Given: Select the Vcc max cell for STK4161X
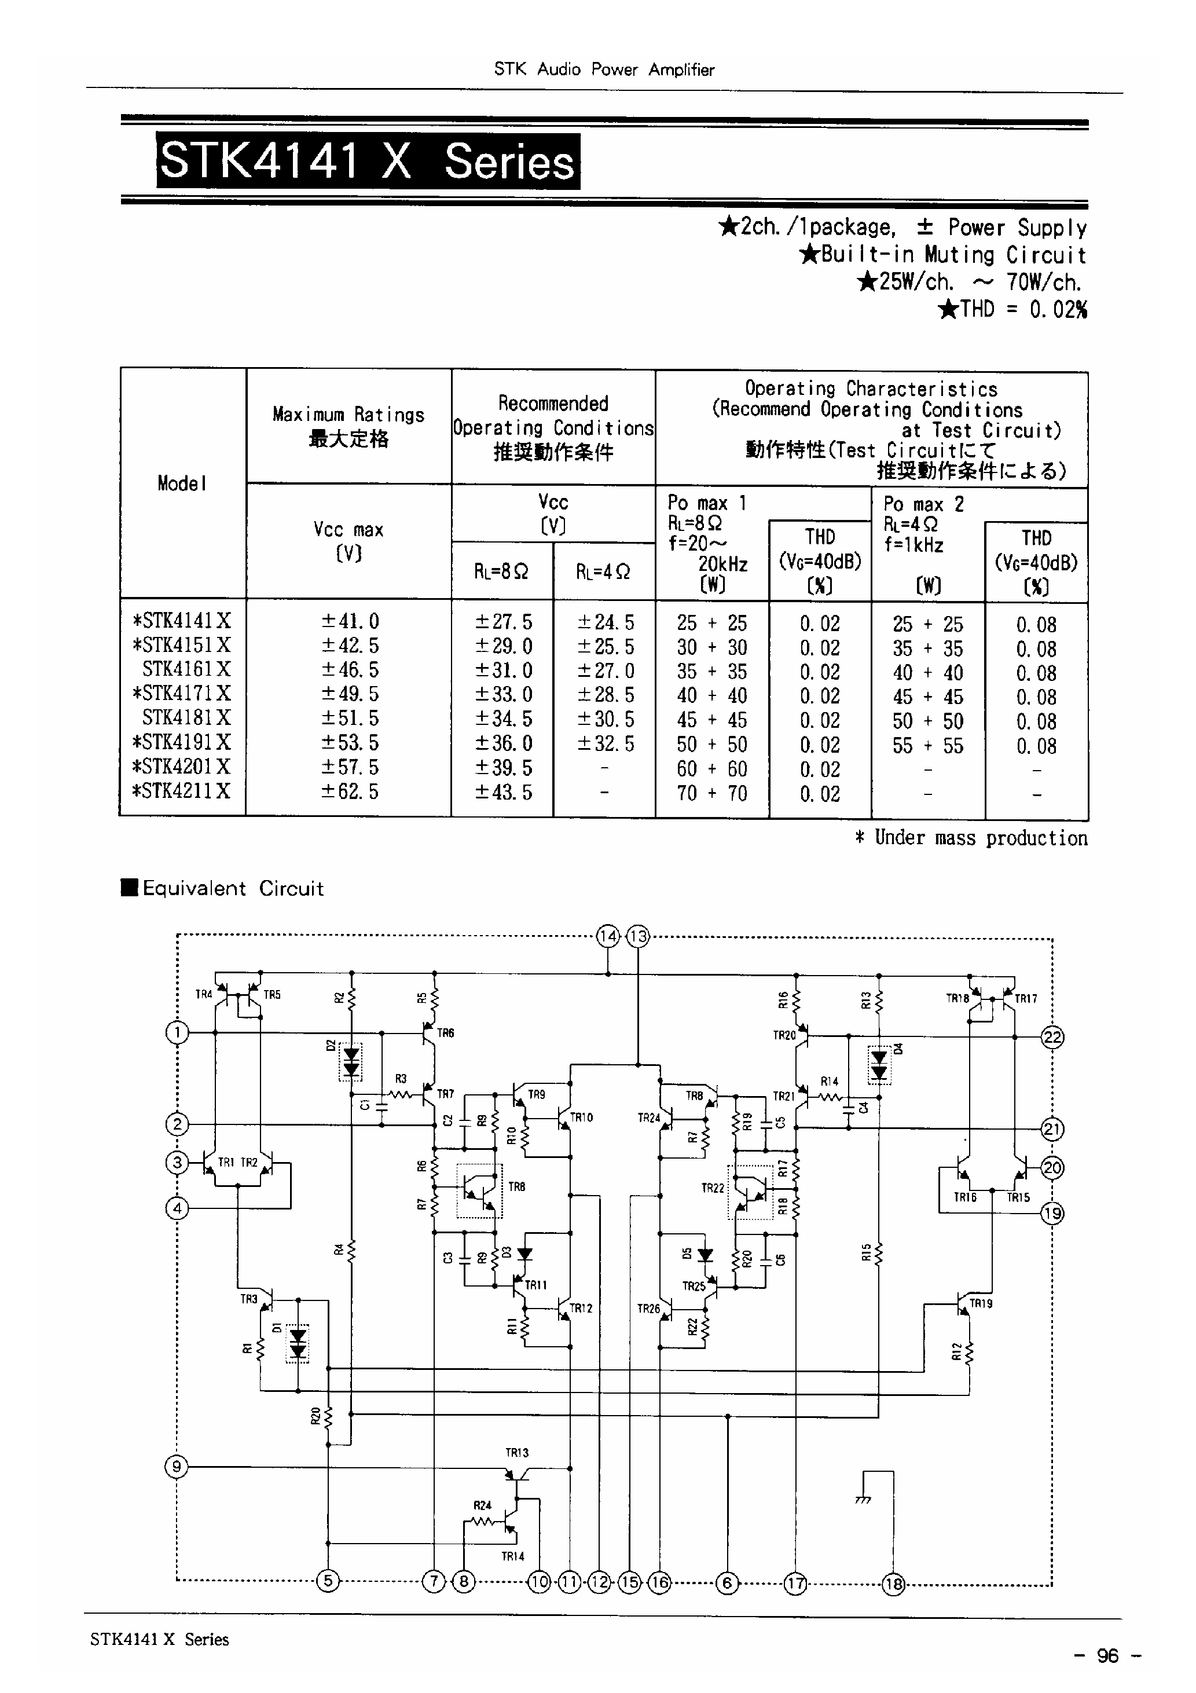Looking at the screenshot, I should tap(350, 669).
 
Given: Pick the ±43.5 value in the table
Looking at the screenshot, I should tap(502, 792).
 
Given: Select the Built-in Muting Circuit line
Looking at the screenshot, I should tap(944, 255).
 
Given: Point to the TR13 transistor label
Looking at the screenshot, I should tap(516, 1453).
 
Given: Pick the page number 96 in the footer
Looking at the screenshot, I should tap(1107, 1655).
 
